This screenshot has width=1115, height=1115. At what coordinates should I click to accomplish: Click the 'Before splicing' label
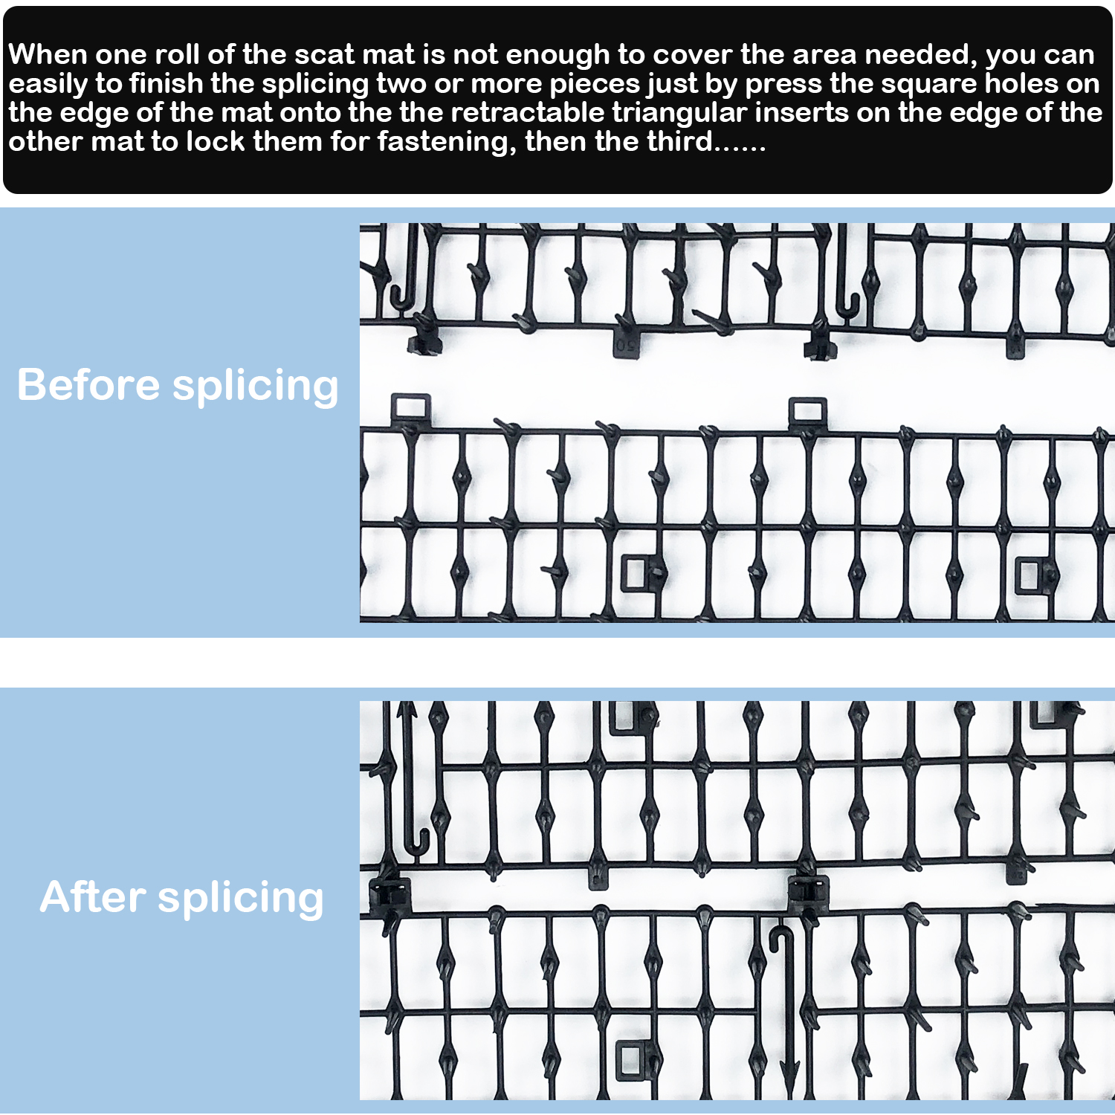(x=178, y=385)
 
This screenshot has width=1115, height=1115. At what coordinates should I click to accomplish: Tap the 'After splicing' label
(x=182, y=897)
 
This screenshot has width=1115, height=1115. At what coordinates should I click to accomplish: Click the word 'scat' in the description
(x=323, y=54)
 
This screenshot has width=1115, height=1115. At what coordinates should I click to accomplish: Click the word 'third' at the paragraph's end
(x=680, y=140)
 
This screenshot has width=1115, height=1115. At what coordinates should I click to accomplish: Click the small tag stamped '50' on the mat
(x=626, y=343)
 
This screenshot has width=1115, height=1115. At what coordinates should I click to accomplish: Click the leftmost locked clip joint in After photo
(x=390, y=895)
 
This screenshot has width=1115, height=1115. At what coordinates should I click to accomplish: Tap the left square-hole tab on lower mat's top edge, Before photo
(x=410, y=409)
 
